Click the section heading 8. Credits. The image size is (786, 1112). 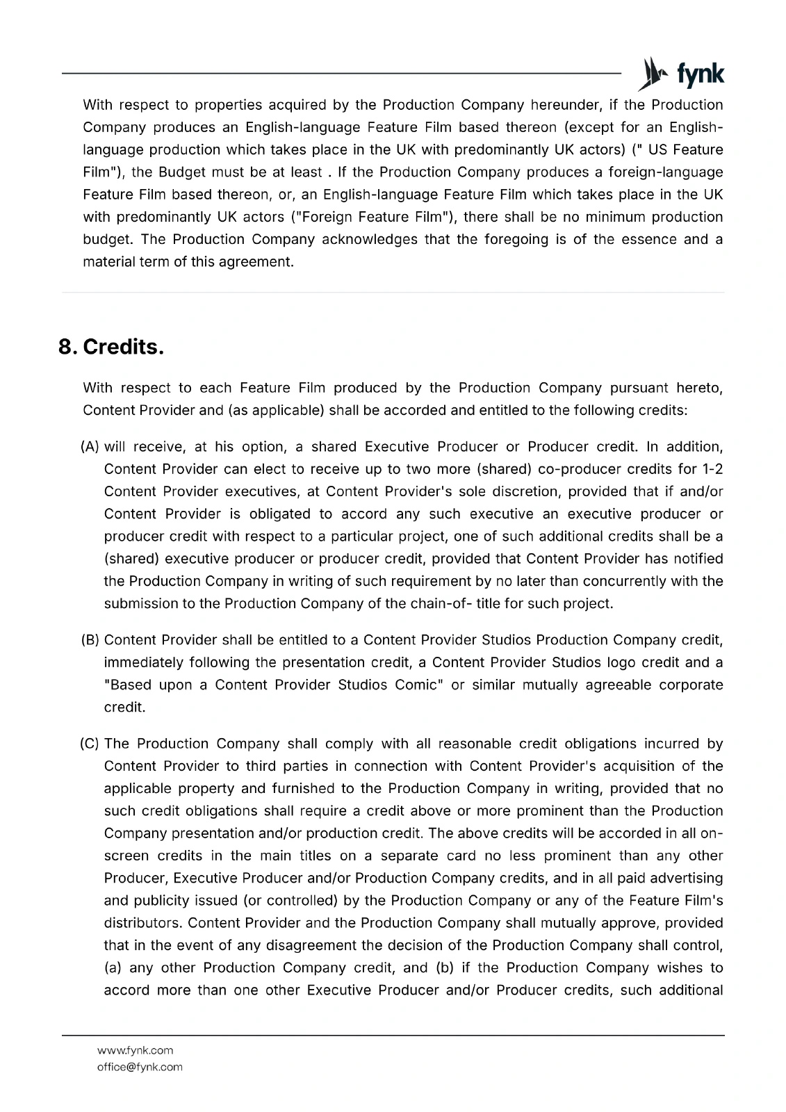[111, 347]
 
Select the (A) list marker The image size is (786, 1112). [91, 446]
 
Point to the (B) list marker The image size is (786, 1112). [91, 639]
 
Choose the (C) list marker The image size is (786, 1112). [91, 744]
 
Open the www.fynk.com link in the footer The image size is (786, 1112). [135, 1050]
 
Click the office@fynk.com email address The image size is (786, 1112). [140, 1067]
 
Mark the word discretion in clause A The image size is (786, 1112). [525, 491]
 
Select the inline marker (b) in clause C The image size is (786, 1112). [445, 967]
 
